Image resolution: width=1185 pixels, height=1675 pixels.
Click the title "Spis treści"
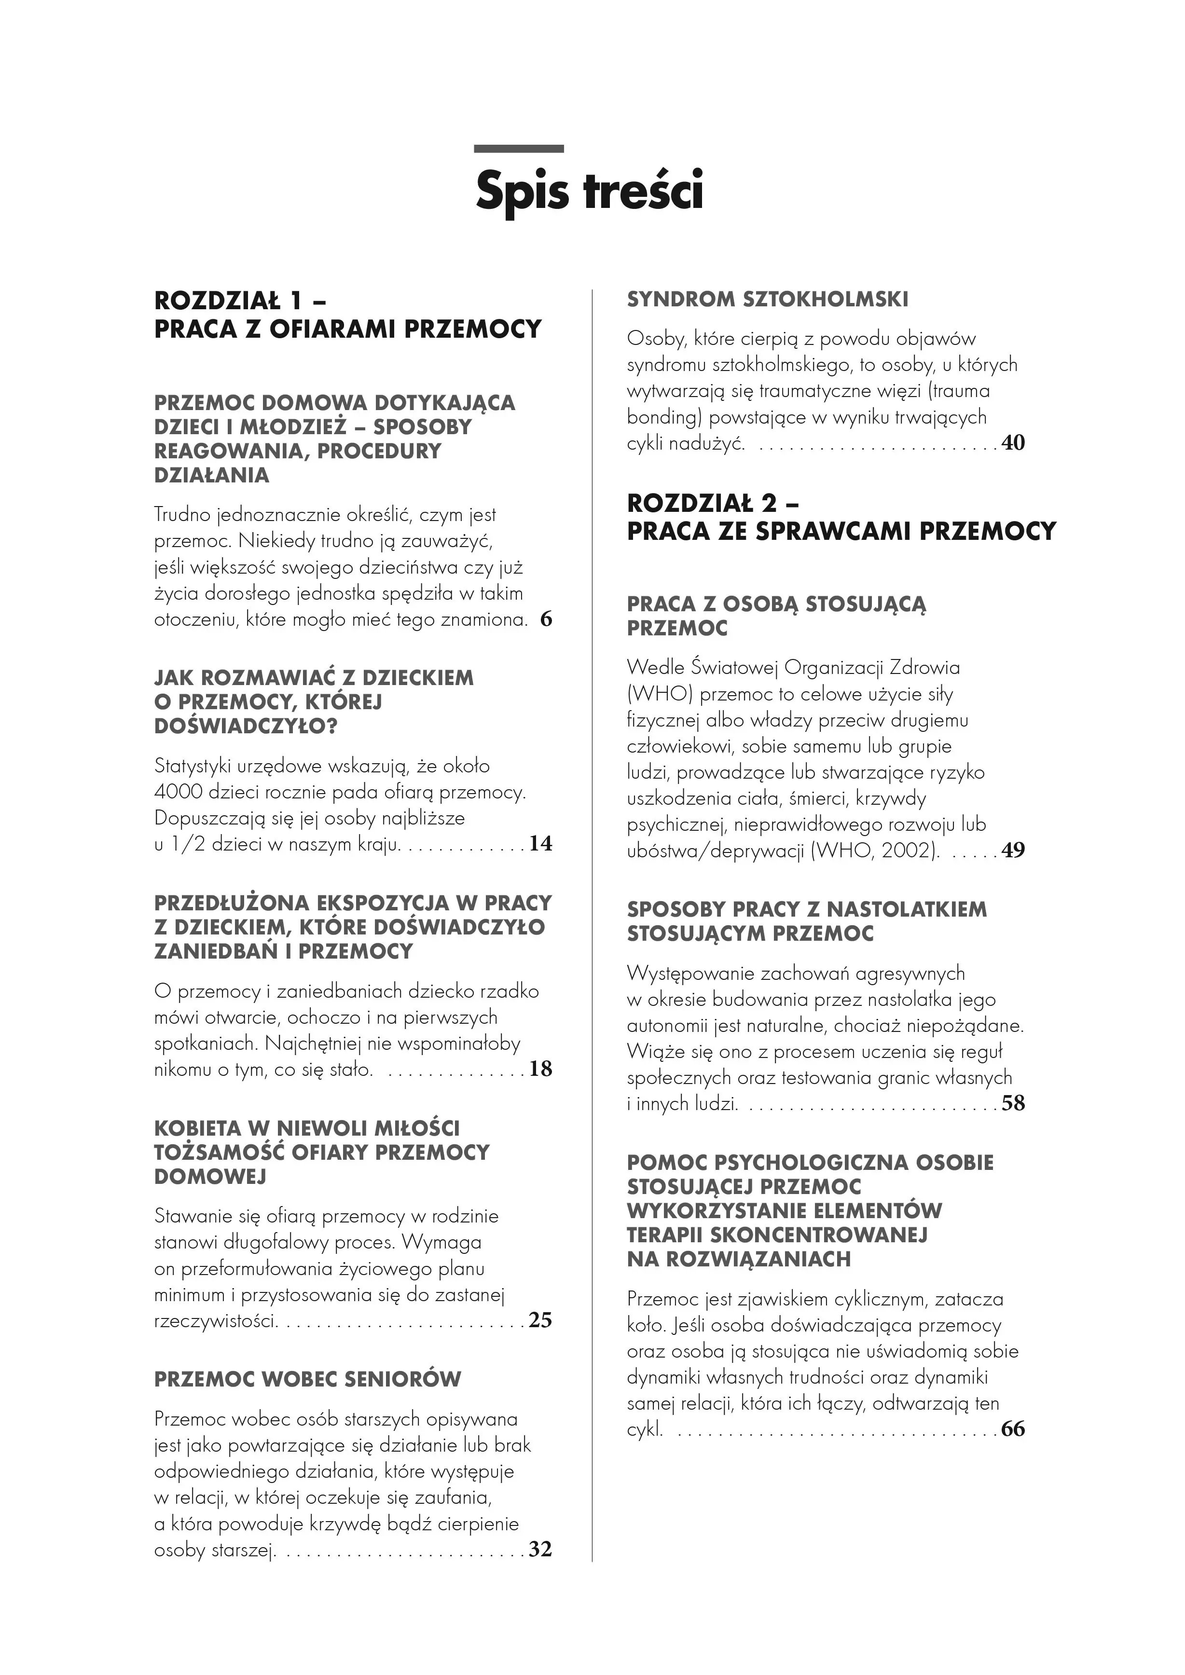(x=590, y=191)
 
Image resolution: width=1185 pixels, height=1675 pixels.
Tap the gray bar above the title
(x=518, y=149)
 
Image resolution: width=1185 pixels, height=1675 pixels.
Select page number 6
(x=546, y=620)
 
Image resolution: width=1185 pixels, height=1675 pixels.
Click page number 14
(x=541, y=844)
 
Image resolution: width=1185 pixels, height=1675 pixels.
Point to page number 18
(x=541, y=1070)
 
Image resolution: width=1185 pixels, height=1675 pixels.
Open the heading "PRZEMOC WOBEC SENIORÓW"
(x=307, y=1380)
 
